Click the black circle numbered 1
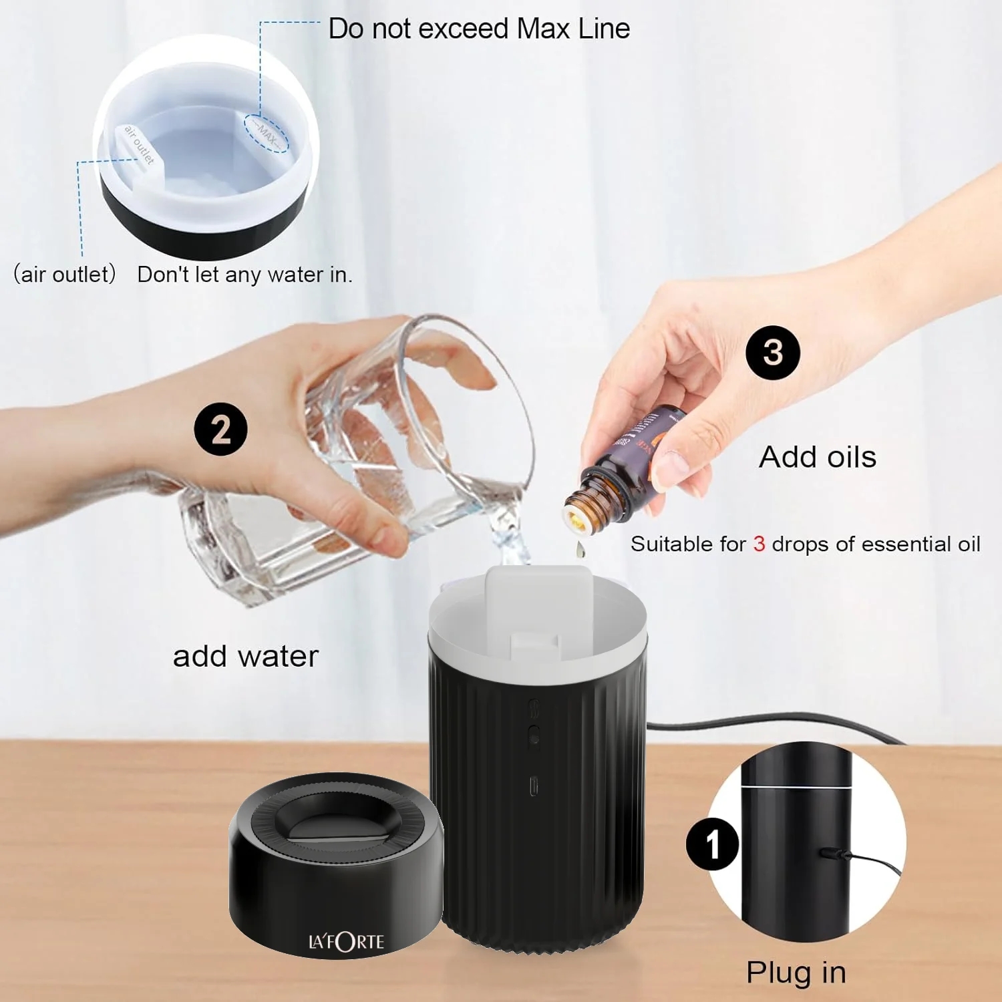712,844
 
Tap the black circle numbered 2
220,429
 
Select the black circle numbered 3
773,353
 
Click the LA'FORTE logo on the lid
346,942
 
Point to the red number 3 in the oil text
759,544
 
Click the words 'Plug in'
796,972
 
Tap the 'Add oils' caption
818,457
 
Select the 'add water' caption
246,656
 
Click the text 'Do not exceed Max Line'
479,29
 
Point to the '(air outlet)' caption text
65,274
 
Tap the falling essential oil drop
579,550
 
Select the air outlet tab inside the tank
140,146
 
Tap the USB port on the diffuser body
534,786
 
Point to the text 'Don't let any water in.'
244,275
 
